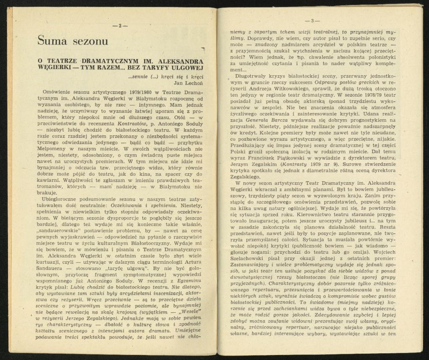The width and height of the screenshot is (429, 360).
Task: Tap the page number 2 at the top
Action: tap(120, 26)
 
